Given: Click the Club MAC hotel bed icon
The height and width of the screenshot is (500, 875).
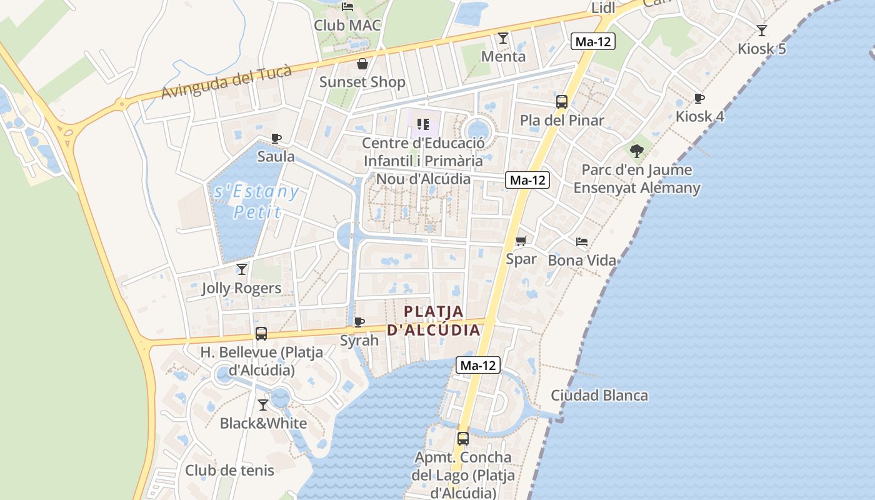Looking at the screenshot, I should click(x=347, y=7).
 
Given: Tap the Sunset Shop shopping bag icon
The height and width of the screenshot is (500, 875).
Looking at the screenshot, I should click(x=362, y=64).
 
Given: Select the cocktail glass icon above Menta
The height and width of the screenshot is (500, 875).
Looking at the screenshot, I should click(x=502, y=38).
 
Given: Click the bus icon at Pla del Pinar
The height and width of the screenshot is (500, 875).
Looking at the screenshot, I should click(x=561, y=102).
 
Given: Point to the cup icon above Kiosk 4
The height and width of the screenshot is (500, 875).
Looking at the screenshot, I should click(x=699, y=98).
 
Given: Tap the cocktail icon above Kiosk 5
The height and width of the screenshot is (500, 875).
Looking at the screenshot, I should click(x=761, y=30).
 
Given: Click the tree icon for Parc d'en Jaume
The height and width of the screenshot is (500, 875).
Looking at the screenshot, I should click(x=637, y=151).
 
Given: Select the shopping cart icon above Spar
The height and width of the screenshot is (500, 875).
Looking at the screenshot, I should click(x=521, y=241).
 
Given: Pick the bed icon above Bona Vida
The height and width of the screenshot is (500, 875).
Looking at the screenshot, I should click(x=581, y=242).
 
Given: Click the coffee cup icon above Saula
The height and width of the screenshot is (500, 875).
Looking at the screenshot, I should click(x=276, y=138).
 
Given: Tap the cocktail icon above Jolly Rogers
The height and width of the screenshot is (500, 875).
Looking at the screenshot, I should click(x=241, y=269).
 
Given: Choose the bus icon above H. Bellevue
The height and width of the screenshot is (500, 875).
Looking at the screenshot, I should click(x=261, y=334).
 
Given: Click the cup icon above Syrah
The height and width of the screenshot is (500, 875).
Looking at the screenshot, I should click(x=359, y=322).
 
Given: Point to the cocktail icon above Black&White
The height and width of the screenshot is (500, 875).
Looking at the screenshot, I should click(x=263, y=405).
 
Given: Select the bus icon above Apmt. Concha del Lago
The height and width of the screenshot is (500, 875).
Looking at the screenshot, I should click(x=462, y=439).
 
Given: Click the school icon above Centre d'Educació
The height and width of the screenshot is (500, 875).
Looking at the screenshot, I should click(x=423, y=125).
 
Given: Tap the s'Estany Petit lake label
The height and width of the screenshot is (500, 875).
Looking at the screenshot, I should click(x=256, y=201).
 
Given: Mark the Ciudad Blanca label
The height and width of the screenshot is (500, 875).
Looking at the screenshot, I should click(x=599, y=396).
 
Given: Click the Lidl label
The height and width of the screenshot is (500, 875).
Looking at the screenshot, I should click(x=603, y=7).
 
